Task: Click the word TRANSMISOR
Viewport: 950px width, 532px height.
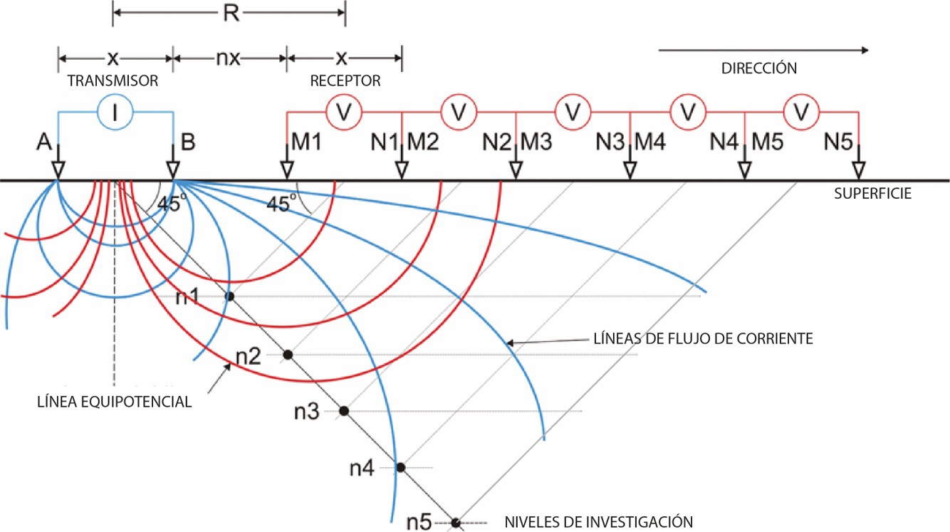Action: tap(113, 81)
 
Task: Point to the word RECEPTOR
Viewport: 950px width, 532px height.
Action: tap(345, 81)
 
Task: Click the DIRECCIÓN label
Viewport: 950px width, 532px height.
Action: tap(758, 69)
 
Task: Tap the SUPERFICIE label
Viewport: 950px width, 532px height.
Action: tap(872, 194)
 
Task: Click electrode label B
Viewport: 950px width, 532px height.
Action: tap(189, 144)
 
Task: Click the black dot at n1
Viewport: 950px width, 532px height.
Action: tap(229, 296)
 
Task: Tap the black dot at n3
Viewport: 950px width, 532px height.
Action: tap(344, 411)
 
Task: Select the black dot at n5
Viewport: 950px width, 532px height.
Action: tap(456, 523)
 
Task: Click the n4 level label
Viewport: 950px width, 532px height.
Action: tap(362, 468)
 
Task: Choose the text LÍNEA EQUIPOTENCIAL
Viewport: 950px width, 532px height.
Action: tap(114, 402)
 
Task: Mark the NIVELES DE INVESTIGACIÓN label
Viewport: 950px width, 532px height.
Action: tap(597, 521)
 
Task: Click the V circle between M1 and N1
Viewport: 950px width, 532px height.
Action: tap(344, 111)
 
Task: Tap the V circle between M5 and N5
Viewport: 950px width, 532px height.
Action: tap(802, 111)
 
